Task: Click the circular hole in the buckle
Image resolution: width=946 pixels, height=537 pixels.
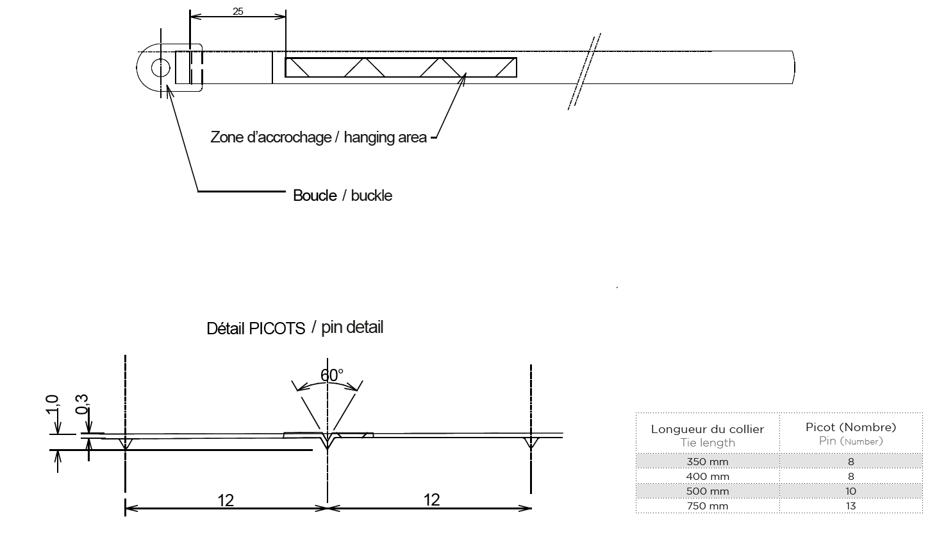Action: tap(160, 67)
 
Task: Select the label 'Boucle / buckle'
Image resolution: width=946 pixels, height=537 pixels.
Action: tap(342, 195)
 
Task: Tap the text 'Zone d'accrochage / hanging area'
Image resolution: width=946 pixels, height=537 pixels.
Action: tap(319, 137)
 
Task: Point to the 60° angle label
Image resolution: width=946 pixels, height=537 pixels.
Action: tap(331, 375)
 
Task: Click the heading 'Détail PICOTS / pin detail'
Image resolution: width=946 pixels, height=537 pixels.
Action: tap(295, 328)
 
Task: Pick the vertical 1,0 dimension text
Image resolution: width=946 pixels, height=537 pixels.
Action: tap(53, 406)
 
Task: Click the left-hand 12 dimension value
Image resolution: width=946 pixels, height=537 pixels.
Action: tap(226, 500)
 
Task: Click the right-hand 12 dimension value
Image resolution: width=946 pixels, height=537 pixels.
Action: tap(431, 499)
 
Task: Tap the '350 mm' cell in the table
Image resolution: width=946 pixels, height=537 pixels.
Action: tap(708, 461)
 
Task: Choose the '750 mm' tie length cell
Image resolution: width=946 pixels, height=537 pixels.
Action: tap(708, 506)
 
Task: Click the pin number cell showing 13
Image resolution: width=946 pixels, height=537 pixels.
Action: tap(851, 506)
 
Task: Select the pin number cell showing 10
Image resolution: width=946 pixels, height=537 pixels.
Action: tap(851, 491)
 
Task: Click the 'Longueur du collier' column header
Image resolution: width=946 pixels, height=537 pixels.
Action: tap(708, 429)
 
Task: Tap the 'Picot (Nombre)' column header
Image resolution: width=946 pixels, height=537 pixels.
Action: tap(851, 427)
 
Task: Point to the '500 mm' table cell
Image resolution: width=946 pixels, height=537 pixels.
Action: tap(708, 491)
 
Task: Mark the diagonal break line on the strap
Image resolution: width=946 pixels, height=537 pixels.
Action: tap(584, 71)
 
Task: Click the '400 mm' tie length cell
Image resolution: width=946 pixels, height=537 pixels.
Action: tap(708, 477)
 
